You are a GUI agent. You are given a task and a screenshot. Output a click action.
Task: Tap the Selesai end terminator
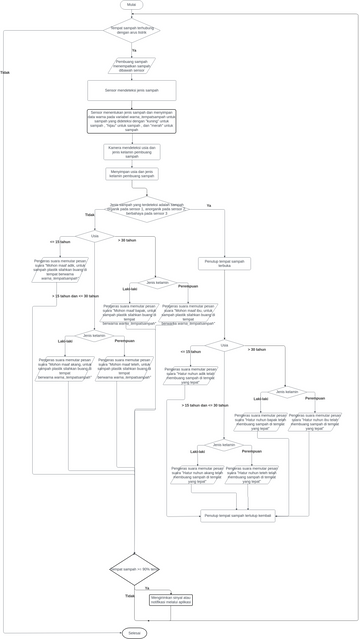(132, 632)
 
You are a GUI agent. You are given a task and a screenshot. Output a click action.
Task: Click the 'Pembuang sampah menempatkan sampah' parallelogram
(132, 65)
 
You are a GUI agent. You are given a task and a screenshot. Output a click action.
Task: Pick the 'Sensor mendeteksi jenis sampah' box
(132, 90)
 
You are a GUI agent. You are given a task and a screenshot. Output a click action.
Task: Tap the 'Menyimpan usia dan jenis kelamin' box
(132, 174)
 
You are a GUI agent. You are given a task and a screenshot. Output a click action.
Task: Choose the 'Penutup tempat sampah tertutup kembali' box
(237, 516)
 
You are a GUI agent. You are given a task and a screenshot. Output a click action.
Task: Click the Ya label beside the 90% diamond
(147, 587)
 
